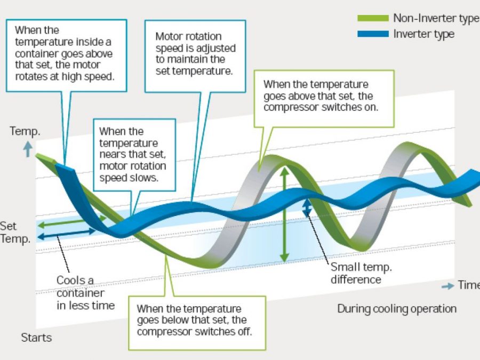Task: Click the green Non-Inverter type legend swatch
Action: coord(373,19)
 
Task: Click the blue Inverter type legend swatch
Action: coord(373,34)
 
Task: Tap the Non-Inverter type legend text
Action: coord(435,18)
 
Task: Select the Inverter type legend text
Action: coord(423,34)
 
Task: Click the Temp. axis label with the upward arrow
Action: coord(24,131)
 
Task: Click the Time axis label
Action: coord(468,285)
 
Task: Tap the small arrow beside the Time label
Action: coord(448,286)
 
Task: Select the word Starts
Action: coord(36,337)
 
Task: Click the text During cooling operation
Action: coord(397,308)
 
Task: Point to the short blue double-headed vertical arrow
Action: coord(307,209)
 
